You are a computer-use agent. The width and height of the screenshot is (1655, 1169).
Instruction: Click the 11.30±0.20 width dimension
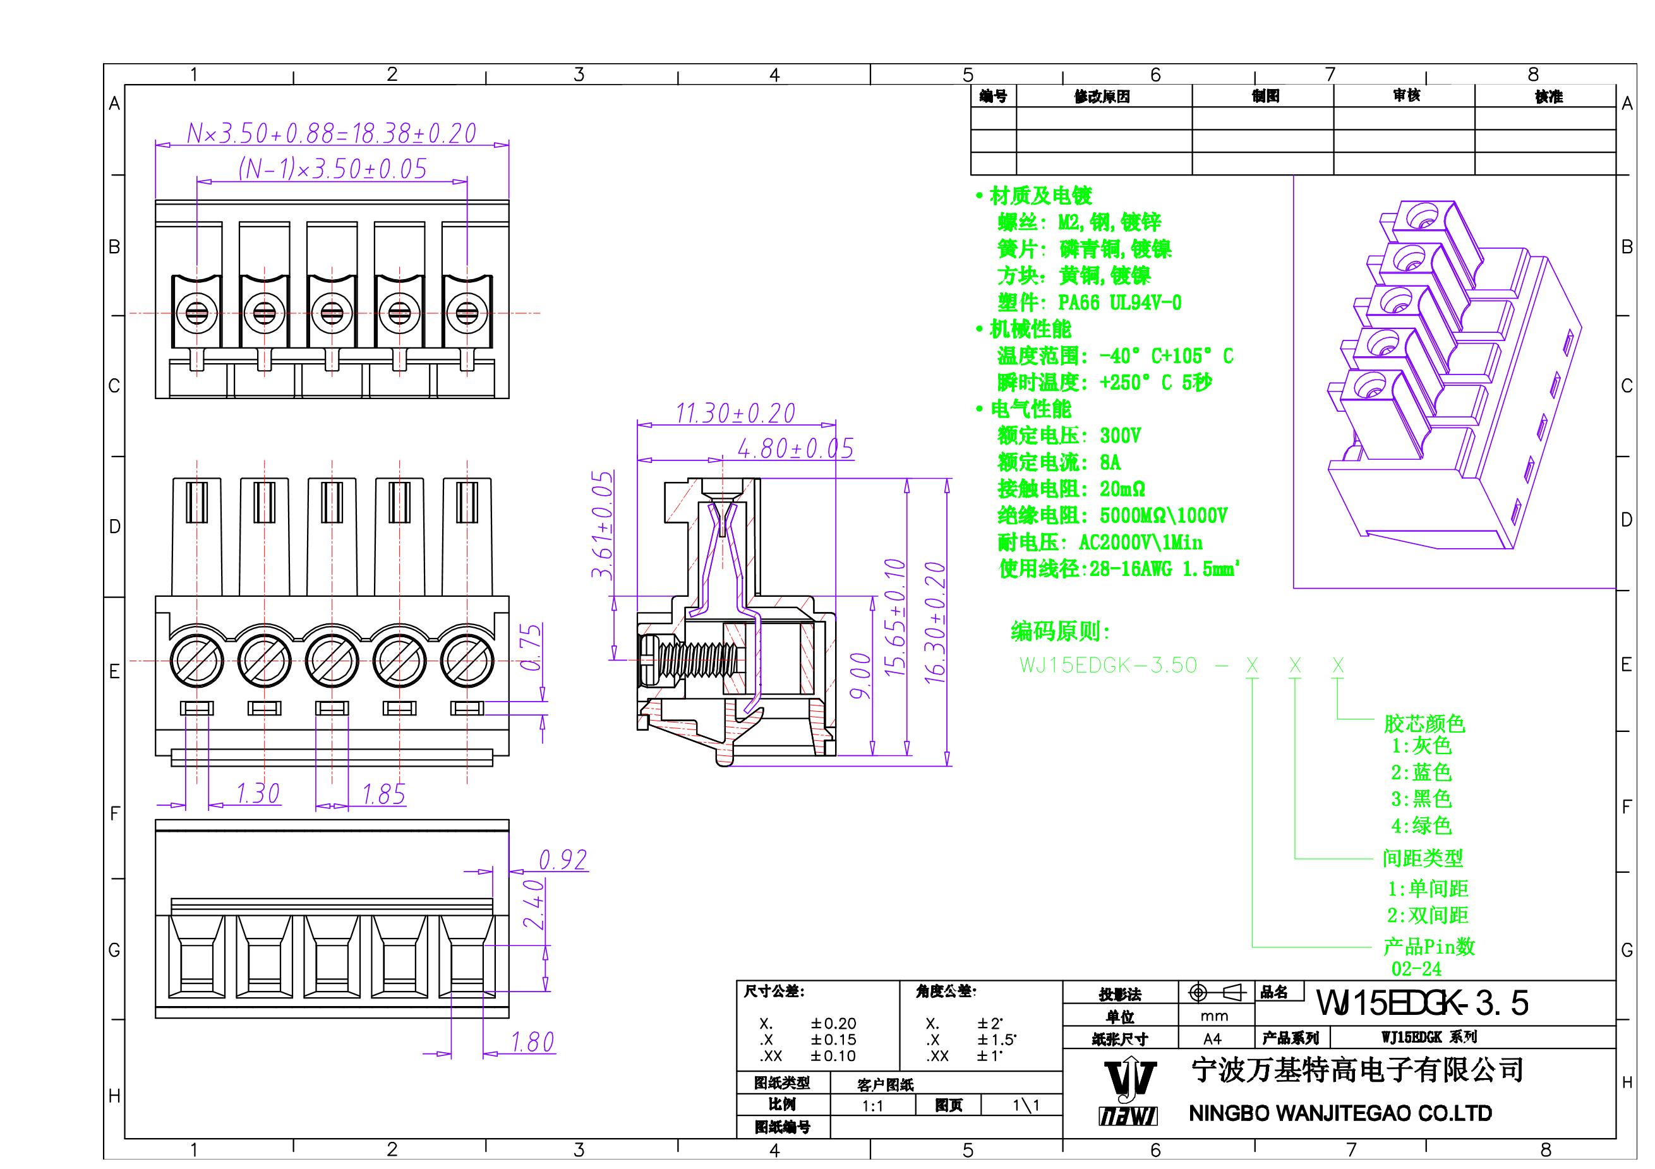point(735,413)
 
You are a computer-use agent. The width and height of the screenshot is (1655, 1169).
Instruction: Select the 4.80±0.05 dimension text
point(795,449)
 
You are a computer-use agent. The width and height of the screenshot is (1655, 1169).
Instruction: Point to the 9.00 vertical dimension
point(860,675)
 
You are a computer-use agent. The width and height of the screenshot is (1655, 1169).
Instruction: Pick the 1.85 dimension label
point(383,794)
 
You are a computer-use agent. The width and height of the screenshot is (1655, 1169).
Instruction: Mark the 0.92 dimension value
point(562,860)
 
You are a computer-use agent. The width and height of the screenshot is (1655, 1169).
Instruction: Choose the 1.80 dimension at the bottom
point(532,1042)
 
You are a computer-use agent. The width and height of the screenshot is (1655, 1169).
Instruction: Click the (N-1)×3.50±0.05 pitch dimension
point(332,169)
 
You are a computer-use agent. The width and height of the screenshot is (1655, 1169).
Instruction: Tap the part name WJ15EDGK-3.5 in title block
point(1421,1002)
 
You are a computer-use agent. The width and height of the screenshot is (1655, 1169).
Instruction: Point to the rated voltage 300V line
point(1068,436)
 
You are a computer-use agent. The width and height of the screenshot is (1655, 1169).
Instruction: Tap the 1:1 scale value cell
point(872,1106)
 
